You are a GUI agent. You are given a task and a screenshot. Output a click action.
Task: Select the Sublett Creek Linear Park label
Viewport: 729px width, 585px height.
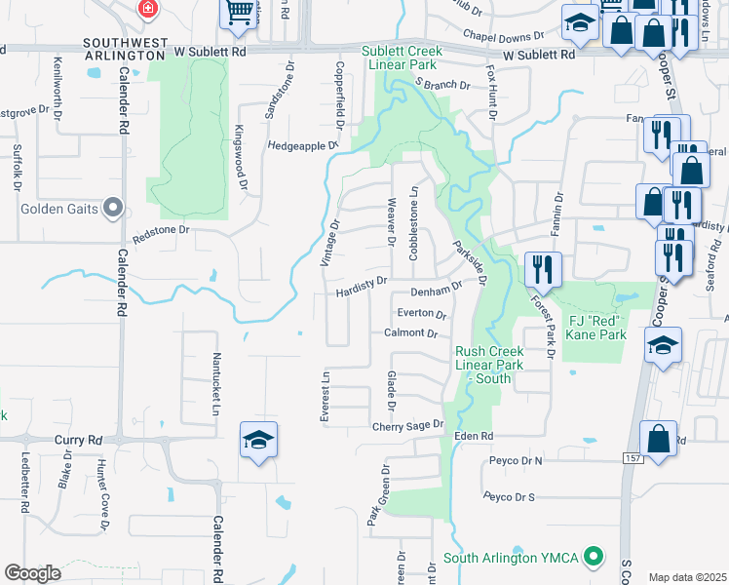[x=401, y=57]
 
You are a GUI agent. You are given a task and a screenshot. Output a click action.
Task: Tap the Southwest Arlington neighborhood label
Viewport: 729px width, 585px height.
[x=123, y=49]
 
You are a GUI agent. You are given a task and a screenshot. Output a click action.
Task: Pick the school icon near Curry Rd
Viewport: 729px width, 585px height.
[x=259, y=441]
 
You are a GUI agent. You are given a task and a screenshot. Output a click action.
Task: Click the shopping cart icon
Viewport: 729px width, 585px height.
[x=239, y=14]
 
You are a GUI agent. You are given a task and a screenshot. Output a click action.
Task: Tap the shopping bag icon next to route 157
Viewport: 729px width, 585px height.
[x=658, y=439]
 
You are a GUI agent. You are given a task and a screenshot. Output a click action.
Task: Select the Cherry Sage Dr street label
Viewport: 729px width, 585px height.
[x=407, y=426]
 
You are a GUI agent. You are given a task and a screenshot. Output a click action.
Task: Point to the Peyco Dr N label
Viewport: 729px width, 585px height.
[x=516, y=459]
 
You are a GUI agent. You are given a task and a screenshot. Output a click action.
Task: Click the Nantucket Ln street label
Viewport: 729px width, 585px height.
[x=217, y=381]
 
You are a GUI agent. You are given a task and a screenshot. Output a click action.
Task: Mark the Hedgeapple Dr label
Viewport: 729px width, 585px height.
[x=301, y=145]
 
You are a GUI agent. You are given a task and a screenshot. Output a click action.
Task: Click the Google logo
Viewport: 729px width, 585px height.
[x=32, y=573]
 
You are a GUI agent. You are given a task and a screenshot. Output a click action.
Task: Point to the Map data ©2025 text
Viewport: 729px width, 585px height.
[x=686, y=577]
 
